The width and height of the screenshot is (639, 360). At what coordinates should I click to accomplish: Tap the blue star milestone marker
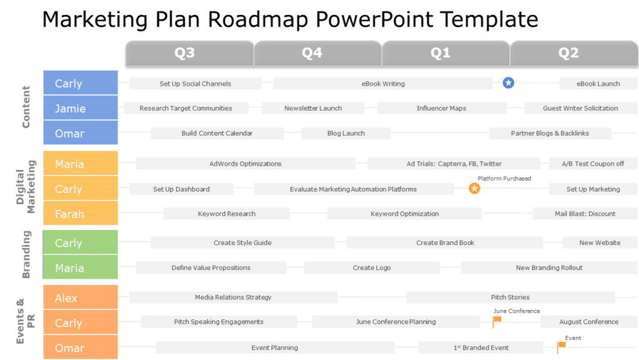coord(509,82)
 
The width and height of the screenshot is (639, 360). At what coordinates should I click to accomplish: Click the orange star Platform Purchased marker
coord(474,188)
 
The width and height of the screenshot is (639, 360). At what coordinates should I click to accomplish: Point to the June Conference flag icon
coord(497,322)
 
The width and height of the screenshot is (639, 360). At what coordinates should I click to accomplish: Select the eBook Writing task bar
coord(383,84)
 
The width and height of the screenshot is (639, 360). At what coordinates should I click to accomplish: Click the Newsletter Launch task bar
coord(313,108)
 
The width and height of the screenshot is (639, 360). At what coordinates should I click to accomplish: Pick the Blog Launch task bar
coord(346,133)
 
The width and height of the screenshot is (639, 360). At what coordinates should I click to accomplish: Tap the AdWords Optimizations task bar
coord(245,164)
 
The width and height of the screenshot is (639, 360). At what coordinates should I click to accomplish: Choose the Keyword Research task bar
coord(227,214)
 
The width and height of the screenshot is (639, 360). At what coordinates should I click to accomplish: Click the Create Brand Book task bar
coord(445,242)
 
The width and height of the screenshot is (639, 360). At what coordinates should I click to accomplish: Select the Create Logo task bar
coord(371,267)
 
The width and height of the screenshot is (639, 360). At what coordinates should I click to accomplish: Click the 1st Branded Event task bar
coord(480,347)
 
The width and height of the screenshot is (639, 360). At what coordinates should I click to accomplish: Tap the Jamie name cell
coord(80,108)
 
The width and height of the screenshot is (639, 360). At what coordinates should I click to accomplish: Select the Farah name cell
coord(80,214)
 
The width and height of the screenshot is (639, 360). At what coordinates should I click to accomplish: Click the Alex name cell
coord(80,298)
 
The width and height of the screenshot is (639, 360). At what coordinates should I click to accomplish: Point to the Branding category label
coord(26,254)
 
